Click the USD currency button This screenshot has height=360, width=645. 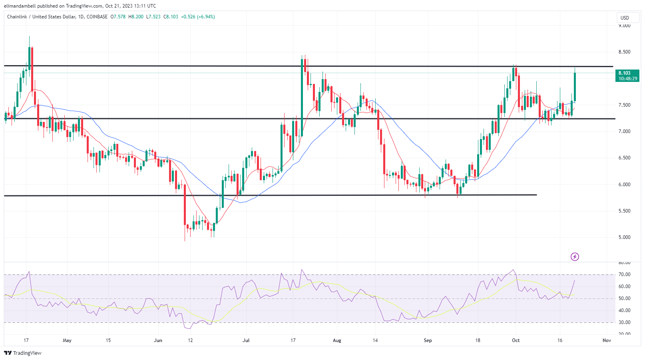[x=625, y=18]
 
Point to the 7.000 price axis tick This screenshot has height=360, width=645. [x=625, y=131]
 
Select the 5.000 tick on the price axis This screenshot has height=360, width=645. [x=625, y=237]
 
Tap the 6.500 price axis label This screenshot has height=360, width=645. [x=625, y=158]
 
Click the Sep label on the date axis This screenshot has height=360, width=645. [x=428, y=340]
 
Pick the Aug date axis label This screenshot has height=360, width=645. [x=337, y=340]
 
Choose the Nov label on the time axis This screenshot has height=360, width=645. [x=607, y=340]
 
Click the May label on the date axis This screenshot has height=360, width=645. [x=67, y=340]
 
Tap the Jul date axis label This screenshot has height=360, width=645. [x=246, y=340]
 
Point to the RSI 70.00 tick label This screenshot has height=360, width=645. [x=625, y=274]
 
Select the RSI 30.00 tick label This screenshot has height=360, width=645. [x=625, y=322]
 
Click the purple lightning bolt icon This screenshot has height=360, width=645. [x=575, y=257]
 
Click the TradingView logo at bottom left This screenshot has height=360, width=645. [x=23, y=353]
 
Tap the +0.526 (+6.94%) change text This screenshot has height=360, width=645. [x=198, y=17]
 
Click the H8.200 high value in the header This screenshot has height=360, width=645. [x=136, y=17]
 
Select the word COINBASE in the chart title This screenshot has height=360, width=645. [x=97, y=17]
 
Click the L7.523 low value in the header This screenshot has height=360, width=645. [x=153, y=17]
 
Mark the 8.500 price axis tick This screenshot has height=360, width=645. [x=625, y=52]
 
